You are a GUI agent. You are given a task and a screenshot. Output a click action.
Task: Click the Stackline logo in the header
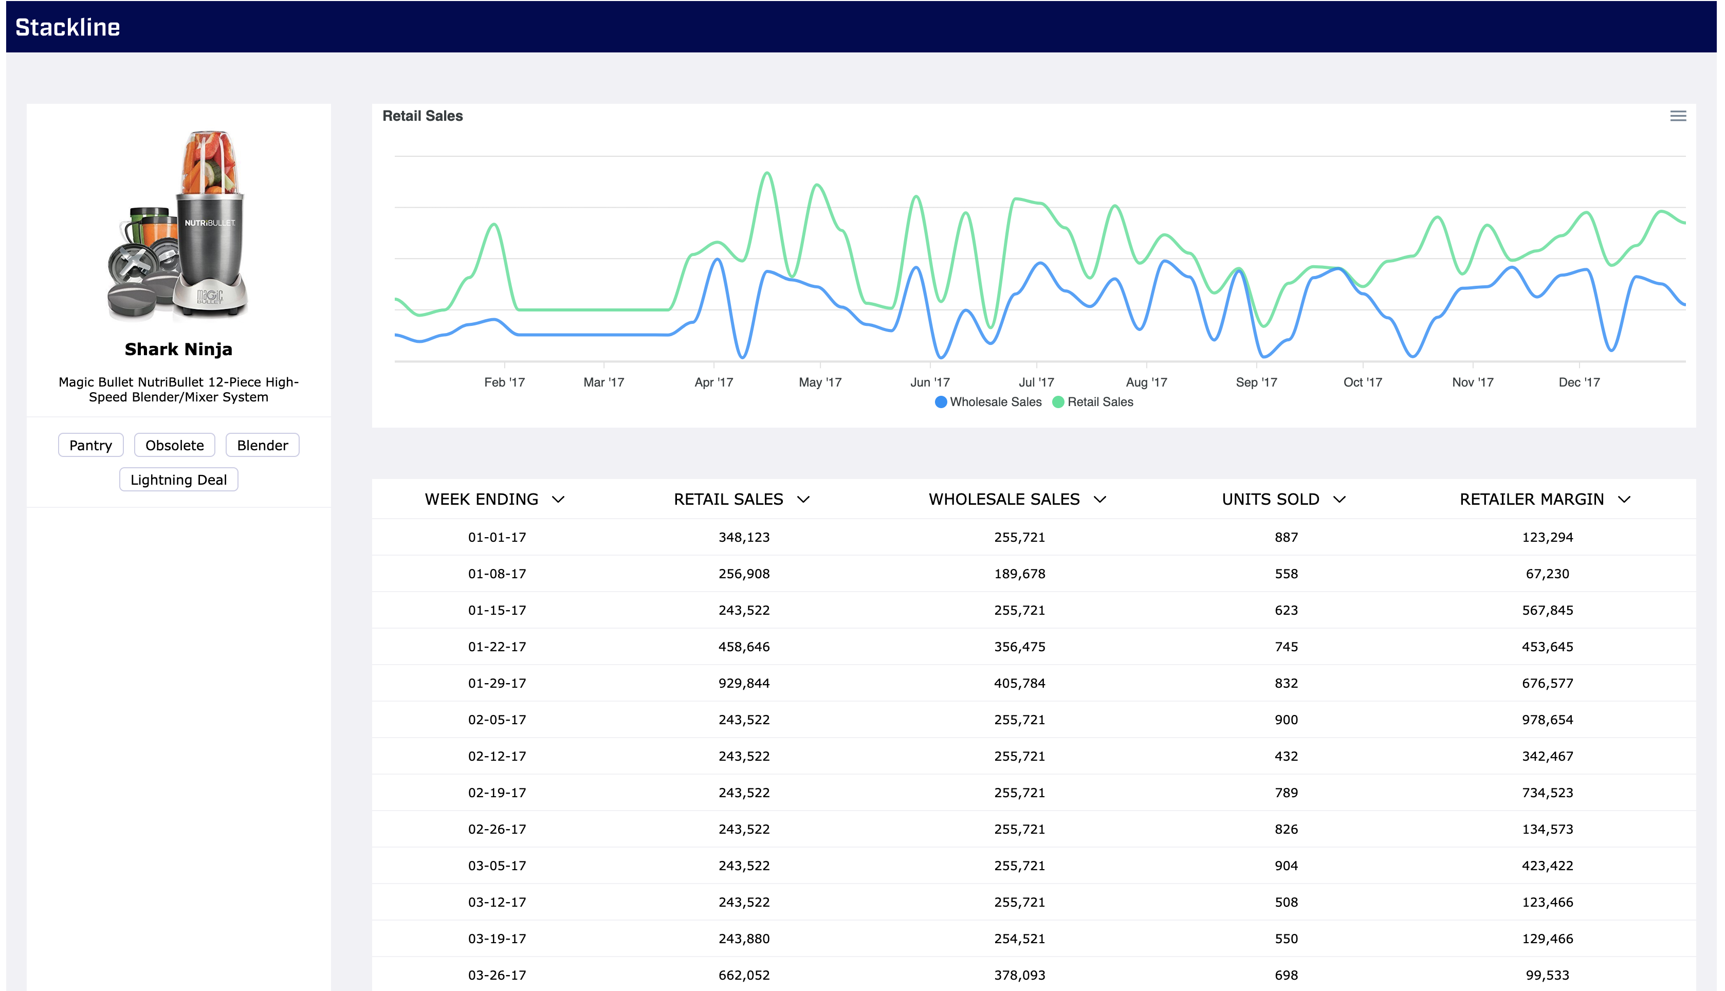click(x=67, y=27)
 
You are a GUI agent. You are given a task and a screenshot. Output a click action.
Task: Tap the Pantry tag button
click(x=90, y=445)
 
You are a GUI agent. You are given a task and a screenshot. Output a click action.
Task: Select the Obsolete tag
click(x=174, y=445)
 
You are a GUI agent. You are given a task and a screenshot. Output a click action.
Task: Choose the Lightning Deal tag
click(x=178, y=480)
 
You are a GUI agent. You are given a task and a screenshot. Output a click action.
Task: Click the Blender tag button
click(x=262, y=445)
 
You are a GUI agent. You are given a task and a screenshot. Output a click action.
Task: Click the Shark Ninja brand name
click(x=178, y=349)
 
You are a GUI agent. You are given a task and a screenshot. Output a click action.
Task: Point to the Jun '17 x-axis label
click(x=929, y=382)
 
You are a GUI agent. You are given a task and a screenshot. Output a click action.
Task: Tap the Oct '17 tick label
click(x=1362, y=382)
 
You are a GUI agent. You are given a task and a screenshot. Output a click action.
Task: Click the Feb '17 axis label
click(x=504, y=382)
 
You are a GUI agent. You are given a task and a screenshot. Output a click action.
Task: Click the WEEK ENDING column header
click(x=481, y=500)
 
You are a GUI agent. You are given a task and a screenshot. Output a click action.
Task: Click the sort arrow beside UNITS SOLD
click(x=1339, y=500)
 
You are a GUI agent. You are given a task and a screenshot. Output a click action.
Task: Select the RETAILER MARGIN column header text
click(x=1531, y=500)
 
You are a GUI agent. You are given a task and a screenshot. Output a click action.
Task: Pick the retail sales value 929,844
click(x=744, y=683)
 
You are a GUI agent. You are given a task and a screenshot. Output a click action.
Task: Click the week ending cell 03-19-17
click(x=497, y=939)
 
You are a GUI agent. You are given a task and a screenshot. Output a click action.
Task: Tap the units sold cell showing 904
click(x=1286, y=866)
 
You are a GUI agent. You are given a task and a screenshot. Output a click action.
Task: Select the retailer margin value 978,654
click(x=1547, y=720)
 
